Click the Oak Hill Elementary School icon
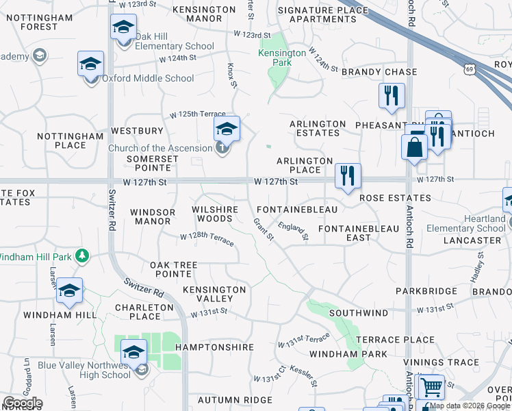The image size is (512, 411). [123, 29]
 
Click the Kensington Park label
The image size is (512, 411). [282, 58]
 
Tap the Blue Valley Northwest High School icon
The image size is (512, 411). [133, 353]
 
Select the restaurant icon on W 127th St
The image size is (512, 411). [348, 175]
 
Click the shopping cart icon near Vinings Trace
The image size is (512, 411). [431, 388]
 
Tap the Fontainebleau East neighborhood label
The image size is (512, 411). [359, 233]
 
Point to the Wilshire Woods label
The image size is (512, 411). [215, 214]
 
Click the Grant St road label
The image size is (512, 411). [263, 229]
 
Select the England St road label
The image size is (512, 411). [294, 232]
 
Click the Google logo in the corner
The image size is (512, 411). [23, 403]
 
